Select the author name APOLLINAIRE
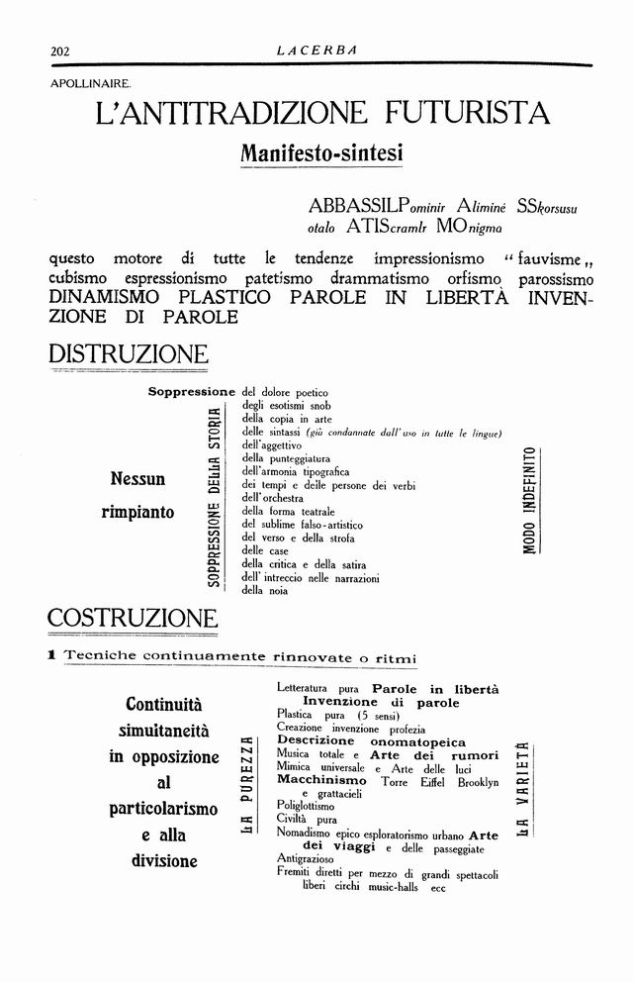click(x=83, y=84)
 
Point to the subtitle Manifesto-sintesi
click(x=321, y=153)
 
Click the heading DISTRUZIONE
click(x=129, y=354)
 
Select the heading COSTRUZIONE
click(x=133, y=619)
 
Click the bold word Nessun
click(x=137, y=479)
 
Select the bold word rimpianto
click(x=137, y=512)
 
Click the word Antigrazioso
click(x=305, y=861)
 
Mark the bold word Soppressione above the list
click(x=191, y=392)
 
